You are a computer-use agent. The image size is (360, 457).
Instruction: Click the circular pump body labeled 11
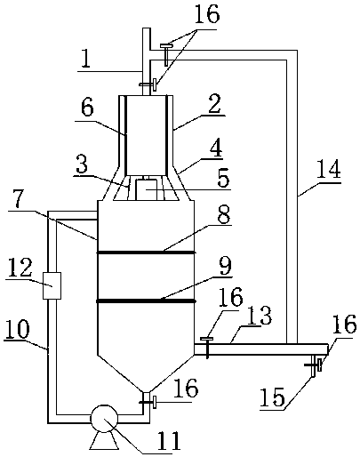pos(104,419)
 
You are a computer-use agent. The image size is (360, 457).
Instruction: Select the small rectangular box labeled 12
pos(52,285)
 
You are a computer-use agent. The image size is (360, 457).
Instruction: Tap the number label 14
pos(329,169)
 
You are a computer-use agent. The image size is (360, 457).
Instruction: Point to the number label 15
pos(272,397)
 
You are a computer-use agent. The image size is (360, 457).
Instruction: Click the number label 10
pos(17,329)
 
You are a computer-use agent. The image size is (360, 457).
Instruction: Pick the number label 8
pos(224,214)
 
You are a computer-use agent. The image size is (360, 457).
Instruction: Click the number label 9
pos(225,266)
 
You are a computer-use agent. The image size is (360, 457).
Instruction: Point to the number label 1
pos(86,60)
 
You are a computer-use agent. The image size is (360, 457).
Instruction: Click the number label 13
pos(260,316)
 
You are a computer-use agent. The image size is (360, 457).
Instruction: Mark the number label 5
pos(223,178)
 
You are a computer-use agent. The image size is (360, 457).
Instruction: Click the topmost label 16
pos(207,14)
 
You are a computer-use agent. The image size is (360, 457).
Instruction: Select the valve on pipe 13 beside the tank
pos(207,348)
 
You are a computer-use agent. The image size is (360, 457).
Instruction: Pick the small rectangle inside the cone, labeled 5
pos(147,189)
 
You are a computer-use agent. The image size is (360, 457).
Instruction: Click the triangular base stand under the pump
pos(104,441)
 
